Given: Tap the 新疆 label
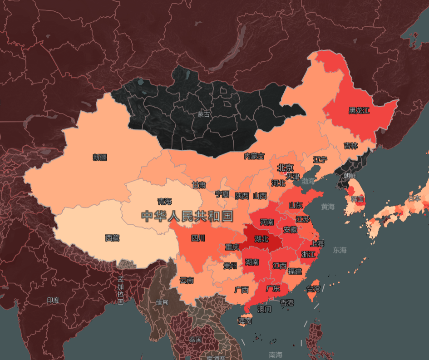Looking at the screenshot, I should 100,158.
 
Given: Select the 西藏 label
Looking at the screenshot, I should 112,237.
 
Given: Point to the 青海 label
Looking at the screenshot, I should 164,201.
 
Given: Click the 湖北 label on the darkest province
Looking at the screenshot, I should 261,239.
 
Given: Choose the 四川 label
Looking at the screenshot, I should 198,238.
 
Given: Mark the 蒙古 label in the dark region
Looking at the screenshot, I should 204,114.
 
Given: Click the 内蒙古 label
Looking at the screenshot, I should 254,156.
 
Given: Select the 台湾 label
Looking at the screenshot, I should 313,289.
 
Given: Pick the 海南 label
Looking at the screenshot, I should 245,321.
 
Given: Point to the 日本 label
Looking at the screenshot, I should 414,198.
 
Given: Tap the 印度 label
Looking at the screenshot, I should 53,301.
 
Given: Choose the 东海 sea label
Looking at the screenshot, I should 340,250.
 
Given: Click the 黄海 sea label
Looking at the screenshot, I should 328,207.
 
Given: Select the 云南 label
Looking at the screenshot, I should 187,281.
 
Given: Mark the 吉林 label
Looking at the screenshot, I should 350,146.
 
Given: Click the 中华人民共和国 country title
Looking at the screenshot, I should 187,216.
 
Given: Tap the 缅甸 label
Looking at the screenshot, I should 162,302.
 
